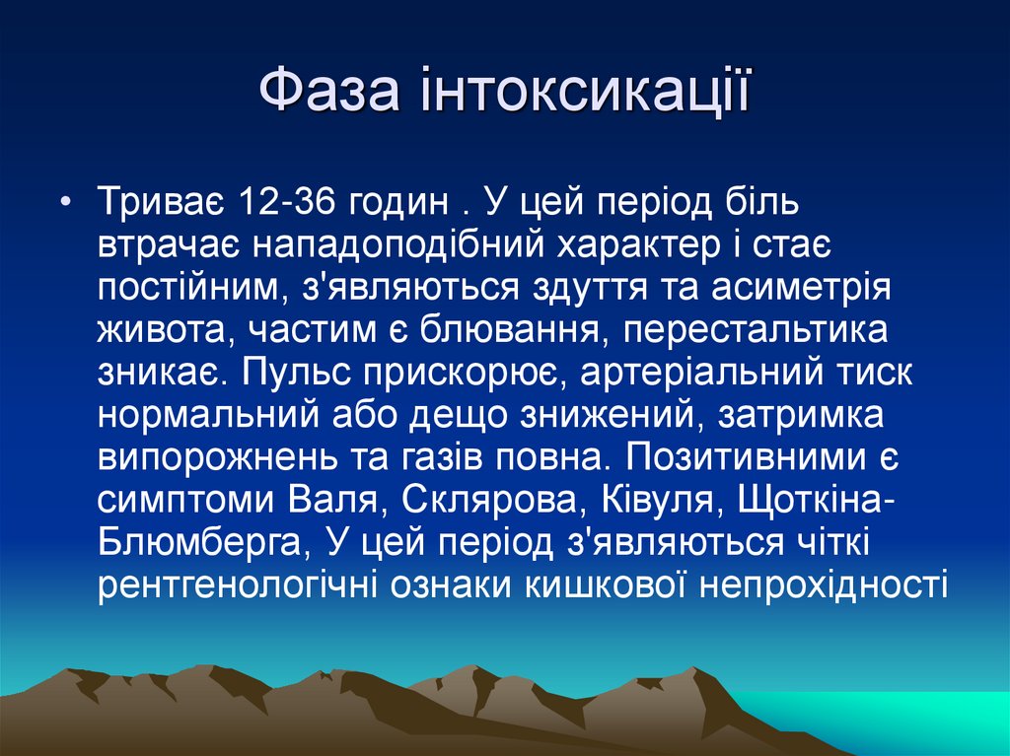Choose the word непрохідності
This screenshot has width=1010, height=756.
coord(823,585)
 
